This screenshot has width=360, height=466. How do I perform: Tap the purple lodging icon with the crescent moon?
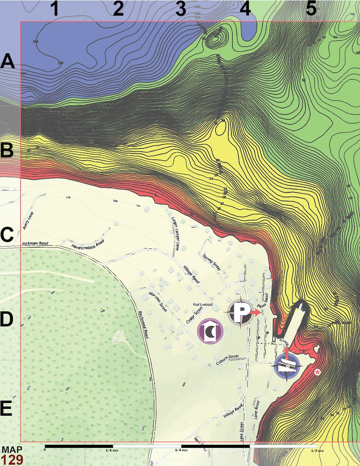210,331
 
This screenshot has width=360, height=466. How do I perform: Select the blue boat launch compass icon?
286,365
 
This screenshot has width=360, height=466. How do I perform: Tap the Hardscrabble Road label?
88,244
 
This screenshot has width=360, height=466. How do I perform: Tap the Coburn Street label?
227,357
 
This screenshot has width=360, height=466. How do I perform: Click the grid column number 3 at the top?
181,9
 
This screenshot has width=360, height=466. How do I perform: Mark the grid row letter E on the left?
6,409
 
